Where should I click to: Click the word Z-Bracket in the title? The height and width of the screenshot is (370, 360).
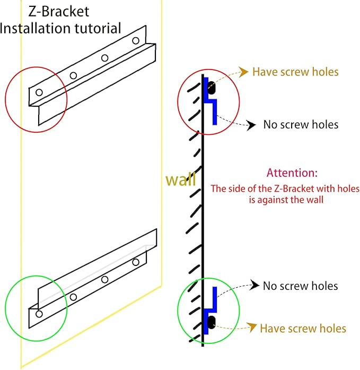(59, 11)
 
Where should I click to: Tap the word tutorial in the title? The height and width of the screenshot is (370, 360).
(98, 28)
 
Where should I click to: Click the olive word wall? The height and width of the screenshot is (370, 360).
(180, 179)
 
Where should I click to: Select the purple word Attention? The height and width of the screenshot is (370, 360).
(292, 173)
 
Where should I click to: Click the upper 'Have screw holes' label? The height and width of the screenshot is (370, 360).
(295, 72)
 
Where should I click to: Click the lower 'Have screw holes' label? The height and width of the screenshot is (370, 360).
(303, 328)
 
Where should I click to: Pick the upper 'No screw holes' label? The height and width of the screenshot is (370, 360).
(301, 124)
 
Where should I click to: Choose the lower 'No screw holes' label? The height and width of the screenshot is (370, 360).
(301, 286)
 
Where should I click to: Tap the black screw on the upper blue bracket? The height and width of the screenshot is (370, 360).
(212, 88)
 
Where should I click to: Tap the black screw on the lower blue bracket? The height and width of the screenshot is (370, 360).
(212, 322)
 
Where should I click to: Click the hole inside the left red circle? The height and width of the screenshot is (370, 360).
(39, 92)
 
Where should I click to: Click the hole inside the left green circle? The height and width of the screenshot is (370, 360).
(39, 314)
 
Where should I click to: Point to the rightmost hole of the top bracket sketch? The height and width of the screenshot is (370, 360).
(136, 40)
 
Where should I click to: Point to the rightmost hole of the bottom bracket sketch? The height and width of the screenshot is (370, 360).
(136, 262)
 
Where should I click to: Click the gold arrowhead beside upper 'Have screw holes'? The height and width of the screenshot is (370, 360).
(243, 72)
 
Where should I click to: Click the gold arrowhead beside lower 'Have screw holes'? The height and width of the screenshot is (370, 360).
(252, 327)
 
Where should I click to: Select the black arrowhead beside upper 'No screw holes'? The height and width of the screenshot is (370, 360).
(251, 125)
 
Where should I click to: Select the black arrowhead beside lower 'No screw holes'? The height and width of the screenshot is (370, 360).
(254, 285)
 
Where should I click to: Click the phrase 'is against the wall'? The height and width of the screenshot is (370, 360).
(286, 200)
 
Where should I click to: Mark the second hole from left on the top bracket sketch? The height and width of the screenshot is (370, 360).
(74, 75)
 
